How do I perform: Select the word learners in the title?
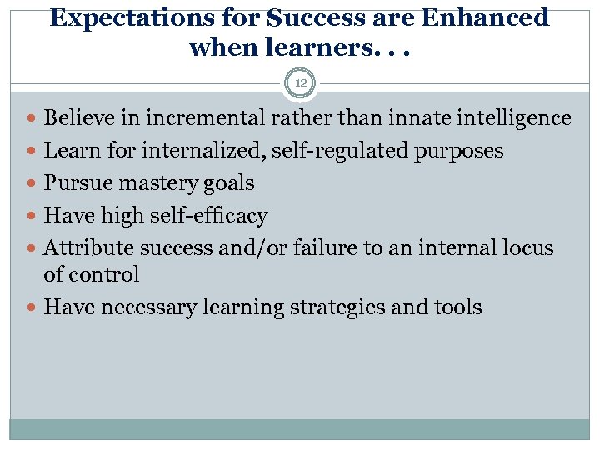297,47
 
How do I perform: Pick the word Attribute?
89,247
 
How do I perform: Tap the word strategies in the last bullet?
337,307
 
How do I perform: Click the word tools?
457,307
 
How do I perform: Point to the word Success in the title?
312,17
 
